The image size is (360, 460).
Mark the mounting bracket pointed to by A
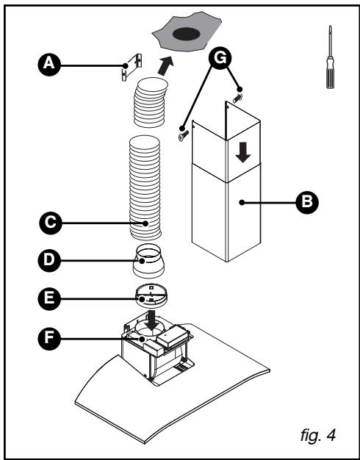click(x=131, y=68)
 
